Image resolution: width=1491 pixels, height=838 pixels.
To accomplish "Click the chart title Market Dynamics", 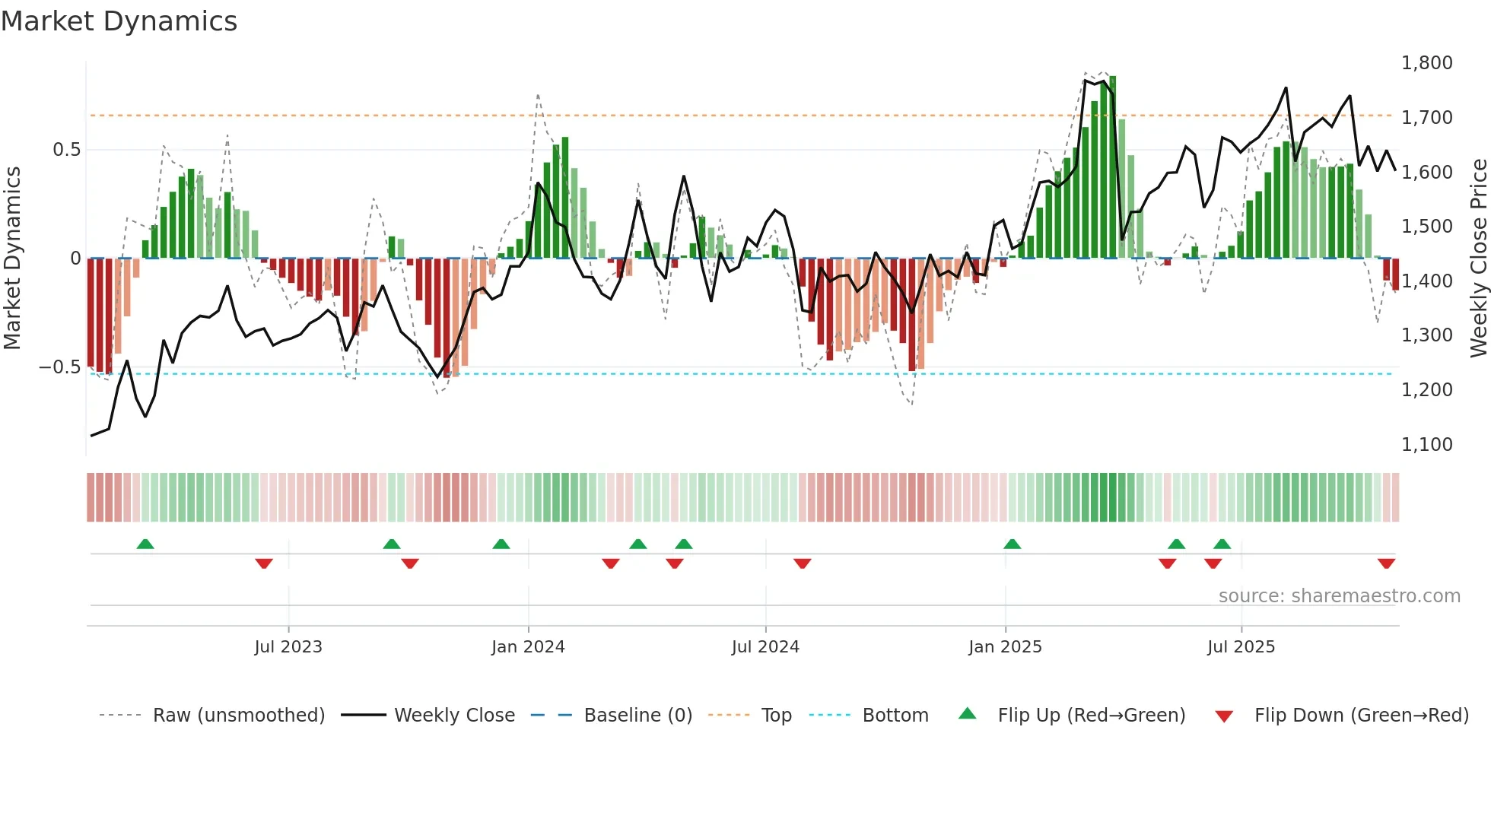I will click(119, 21).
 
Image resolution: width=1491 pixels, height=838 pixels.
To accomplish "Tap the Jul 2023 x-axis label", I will click(288, 647).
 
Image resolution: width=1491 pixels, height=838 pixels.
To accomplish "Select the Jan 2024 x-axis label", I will click(528, 647).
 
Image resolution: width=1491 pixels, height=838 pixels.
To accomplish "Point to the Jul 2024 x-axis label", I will click(765, 647).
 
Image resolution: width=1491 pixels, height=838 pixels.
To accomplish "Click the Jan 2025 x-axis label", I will click(1005, 647).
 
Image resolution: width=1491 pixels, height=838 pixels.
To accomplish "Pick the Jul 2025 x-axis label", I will click(1241, 647).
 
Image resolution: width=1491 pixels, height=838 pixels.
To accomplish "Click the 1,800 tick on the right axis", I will click(1426, 63).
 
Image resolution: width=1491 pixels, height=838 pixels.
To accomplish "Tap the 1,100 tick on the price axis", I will click(1426, 445).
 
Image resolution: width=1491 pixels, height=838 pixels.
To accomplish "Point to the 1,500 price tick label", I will click(1426, 227).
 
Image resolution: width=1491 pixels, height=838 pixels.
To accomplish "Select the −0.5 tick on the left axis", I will click(59, 367).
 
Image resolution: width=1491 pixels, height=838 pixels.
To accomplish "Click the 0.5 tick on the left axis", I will click(66, 150).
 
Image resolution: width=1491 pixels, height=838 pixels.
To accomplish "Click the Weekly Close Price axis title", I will click(1478, 259).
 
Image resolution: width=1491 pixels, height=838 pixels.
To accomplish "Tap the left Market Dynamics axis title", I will click(12, 259).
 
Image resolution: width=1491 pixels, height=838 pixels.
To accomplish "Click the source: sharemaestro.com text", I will click(1339, 596).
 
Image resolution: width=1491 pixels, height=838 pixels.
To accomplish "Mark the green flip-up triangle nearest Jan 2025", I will click(1012, 544).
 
